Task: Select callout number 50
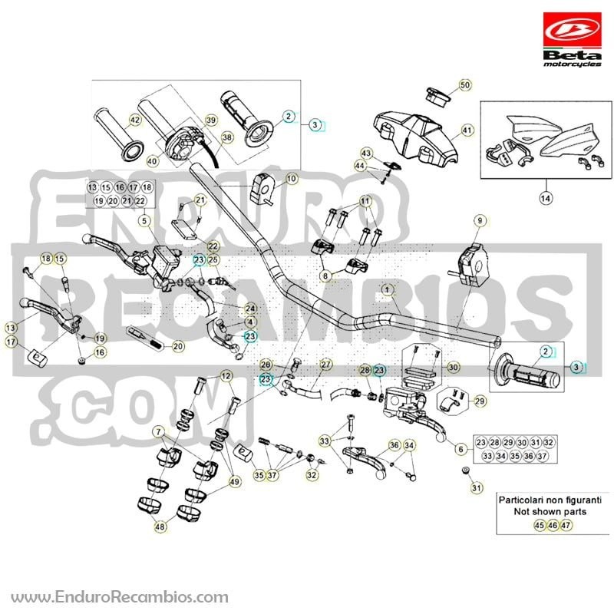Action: click(x=465, y=85)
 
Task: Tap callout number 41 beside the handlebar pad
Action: click(x=467, y=130)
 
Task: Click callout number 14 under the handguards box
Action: click(x=545, y=198)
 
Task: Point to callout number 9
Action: click(x=480, y=220)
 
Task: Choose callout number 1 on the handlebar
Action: click(x=388, y=290)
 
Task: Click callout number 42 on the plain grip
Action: click(x=135, y=120)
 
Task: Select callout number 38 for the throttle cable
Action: click(x=227, y=137)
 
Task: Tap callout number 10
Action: click(x=292, y=179)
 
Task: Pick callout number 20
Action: click(x=178, y=346)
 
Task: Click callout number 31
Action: click(x=476, y=487)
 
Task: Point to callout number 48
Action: click(x=160, y=527)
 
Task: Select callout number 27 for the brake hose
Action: click(x=325, y=365)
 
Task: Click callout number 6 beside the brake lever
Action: click(x=460, y=449)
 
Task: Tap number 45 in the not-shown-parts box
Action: click(x=540, y=525)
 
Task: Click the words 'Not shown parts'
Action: click(x=550, y=511)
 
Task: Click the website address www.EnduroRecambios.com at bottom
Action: click(x=120, y=597)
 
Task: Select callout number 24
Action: click(x=251, y=309)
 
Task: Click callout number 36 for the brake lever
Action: click(x=394, y=445)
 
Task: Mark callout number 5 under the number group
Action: click(x=144, y=221)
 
